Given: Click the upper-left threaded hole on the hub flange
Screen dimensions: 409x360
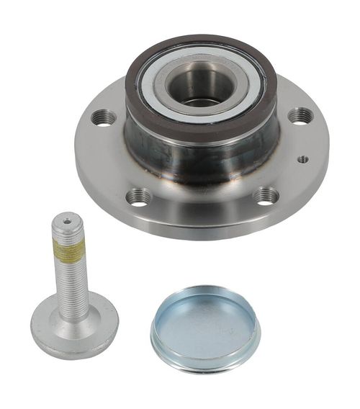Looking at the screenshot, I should point(104,117).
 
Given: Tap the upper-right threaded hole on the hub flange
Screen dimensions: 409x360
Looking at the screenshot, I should point(300,115).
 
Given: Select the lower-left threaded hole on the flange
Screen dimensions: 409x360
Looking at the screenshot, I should point(138,196).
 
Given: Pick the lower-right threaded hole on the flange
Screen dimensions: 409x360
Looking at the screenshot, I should point(266,195).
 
